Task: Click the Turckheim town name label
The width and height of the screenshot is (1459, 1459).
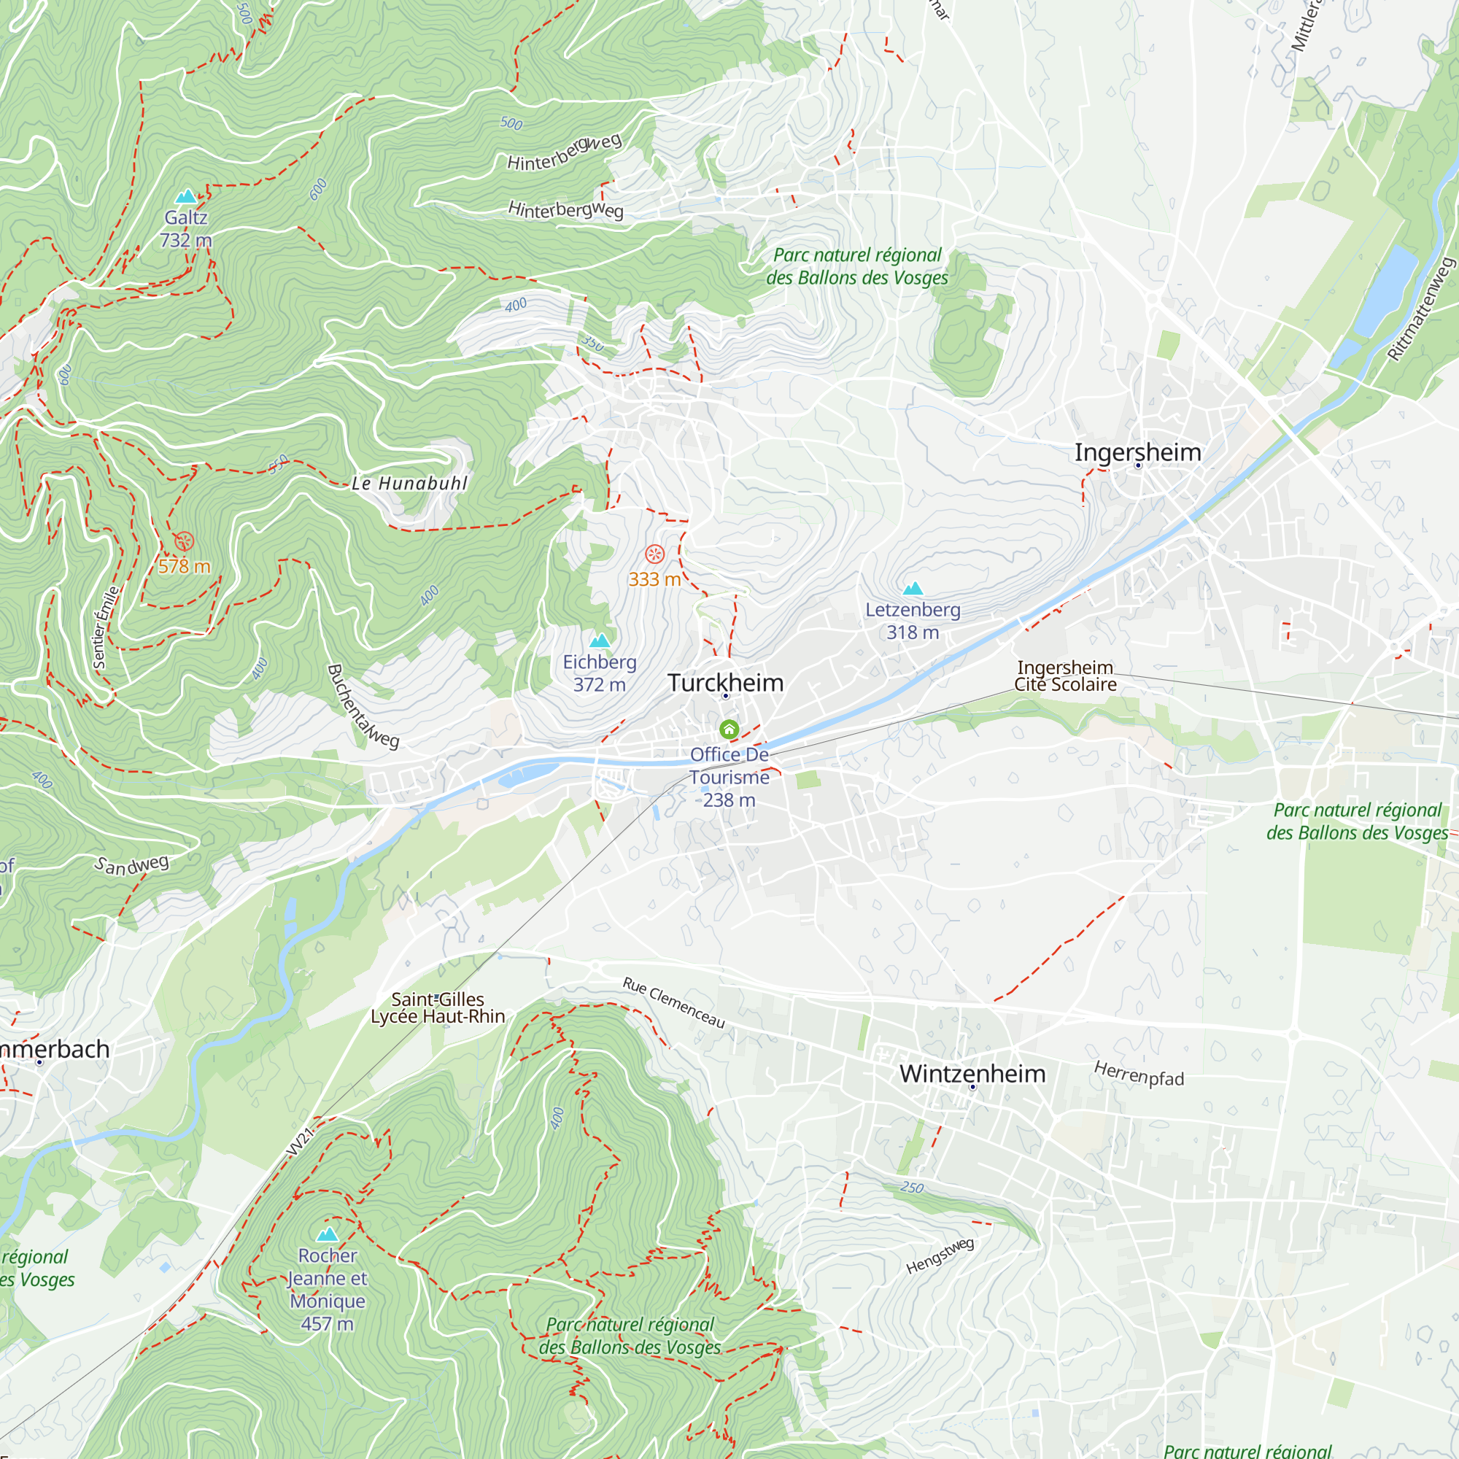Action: click(725, 683)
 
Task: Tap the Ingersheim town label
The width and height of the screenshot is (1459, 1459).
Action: click(1137, 452)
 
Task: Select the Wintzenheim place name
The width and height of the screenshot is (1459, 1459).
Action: click(972, 1073)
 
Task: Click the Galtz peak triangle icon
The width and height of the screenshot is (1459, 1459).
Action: click(186, 197)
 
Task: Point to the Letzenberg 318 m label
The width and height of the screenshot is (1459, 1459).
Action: click(913, 620)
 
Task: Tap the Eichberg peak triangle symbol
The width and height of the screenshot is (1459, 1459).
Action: click(600, 641)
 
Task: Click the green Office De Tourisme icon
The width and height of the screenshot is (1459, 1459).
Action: click(729, 729)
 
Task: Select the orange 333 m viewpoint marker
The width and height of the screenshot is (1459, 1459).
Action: click(655, 554)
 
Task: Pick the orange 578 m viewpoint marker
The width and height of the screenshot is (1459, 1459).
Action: click(185, 541)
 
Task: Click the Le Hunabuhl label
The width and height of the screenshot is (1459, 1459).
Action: click(409, 484)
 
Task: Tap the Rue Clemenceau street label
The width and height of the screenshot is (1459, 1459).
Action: click(673, 1003)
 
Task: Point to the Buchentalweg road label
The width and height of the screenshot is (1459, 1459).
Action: click(362, 706)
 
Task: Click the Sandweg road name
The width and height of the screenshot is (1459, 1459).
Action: click(131, 864)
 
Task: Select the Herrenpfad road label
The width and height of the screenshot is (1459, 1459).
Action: click(1138, 1074)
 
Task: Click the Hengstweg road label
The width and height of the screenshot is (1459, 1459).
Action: click(940, 1256)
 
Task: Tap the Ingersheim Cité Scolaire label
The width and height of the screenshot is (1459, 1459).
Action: click(1065, 676)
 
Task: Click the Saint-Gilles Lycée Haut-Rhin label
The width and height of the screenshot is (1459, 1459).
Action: click(437, 1008)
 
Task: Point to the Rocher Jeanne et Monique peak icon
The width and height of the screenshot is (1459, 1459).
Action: click(327, 1235)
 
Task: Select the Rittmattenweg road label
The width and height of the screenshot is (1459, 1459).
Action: click(1420, 309)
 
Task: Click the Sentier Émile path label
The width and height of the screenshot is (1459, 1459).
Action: click(105, 627)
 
